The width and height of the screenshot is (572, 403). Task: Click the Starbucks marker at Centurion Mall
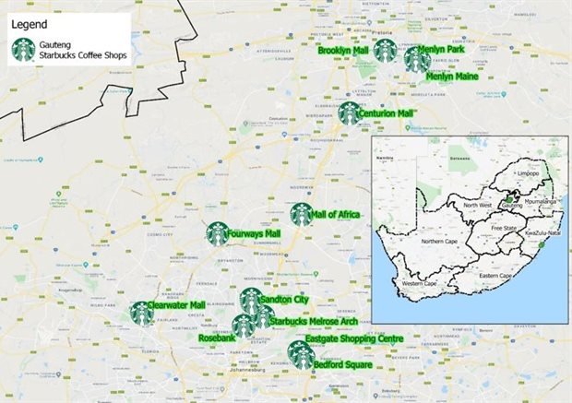pyautogui.click(x=349, y=113)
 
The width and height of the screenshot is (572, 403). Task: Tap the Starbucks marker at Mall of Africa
pyautogui.click(x=302, y=214)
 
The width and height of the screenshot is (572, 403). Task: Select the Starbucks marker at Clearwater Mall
pyautogui.click(x=141, y=314)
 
